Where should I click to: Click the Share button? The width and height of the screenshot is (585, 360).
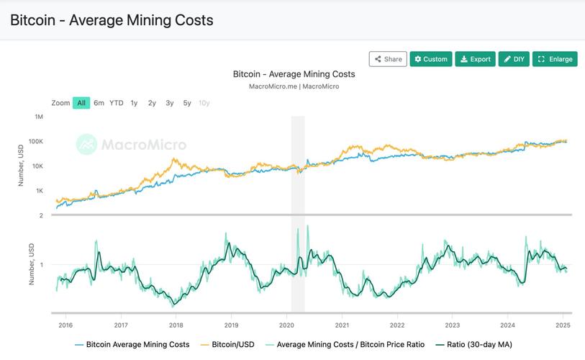388,59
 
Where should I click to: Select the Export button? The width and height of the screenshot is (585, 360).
476,59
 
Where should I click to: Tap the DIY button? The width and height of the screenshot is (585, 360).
514,59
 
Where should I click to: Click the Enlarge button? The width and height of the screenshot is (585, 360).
555,59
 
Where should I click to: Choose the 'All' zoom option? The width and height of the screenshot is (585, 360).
81,103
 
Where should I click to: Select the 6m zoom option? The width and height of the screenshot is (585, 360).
99,103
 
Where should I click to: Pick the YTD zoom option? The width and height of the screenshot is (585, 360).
117,103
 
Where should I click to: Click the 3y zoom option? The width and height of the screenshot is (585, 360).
170,103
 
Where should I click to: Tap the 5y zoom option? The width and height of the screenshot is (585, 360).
187,103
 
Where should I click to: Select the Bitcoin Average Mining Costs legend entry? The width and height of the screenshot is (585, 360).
132,344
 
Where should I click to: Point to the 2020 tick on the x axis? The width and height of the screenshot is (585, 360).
286,325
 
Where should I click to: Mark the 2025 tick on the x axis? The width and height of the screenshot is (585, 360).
563,325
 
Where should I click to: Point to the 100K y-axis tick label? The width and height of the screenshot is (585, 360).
35,141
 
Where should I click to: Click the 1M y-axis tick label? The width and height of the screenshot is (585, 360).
38,117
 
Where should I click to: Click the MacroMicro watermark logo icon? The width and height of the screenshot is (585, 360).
87,144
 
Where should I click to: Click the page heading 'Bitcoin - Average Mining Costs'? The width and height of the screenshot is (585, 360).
112,20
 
